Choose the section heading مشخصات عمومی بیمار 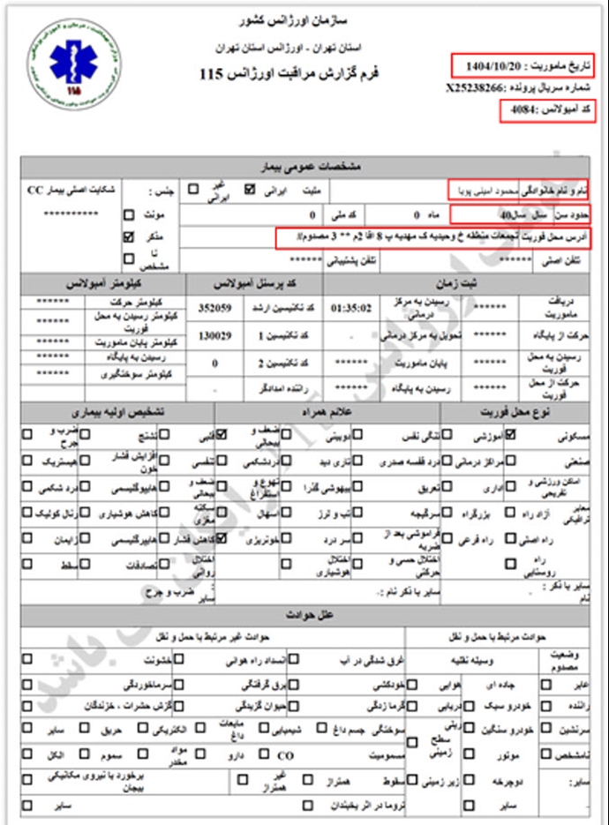point(304,167)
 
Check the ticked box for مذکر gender point(129,236)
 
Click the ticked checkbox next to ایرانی point(249,188)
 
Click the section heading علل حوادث point(304,612)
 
